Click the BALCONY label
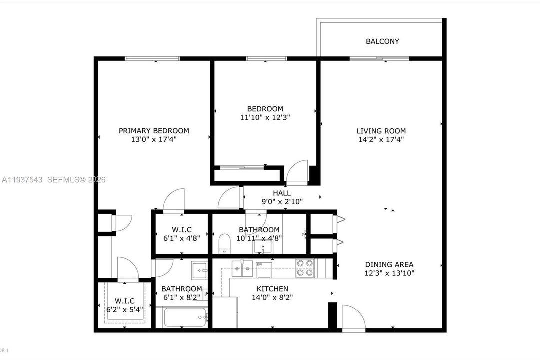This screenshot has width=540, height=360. (382, 41)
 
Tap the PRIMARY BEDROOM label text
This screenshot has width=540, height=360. (154, 131)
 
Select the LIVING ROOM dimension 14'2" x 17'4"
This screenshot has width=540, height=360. (381, 140)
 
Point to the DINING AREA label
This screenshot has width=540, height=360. (389, 264)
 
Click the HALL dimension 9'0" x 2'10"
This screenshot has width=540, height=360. (282, 201)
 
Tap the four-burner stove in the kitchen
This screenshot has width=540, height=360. (305, 267)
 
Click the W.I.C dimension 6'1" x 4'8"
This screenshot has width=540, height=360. (182, 238)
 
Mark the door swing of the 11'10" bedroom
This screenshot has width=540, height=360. (297, 172)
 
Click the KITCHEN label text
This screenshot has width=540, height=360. (272, 289)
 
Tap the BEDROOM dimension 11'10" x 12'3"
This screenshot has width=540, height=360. (265, 118)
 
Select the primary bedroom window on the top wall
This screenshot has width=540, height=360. (152, 59)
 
